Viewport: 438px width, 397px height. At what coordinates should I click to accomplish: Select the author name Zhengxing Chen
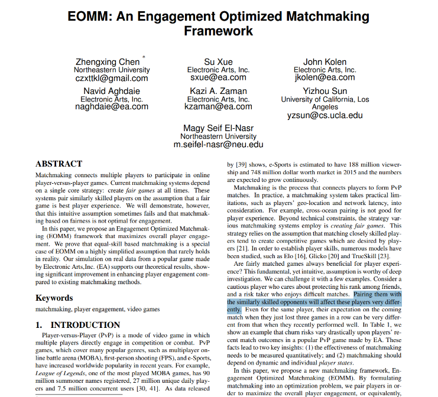pos(108,62)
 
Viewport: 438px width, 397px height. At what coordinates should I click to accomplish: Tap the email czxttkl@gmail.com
pos(112,78)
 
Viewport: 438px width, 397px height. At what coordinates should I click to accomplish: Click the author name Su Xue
pos(218,62)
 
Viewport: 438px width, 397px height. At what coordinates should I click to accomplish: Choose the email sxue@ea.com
pos(218,77)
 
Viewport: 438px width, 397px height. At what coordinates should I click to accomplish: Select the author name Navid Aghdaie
pos(112,92)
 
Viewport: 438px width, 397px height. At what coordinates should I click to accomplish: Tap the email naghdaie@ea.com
pos(112,107)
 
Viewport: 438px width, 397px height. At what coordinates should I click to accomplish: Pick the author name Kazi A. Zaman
pos(218,92)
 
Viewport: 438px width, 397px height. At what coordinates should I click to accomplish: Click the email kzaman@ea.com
pos(218,107)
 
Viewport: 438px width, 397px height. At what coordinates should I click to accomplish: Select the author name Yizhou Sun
pos(325,92)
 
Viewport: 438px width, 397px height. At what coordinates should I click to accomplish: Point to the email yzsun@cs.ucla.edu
pos(325,116)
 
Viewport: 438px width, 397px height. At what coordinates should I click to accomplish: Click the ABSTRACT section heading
pos(59,164)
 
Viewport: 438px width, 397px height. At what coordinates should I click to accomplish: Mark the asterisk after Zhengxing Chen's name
pos(144,57)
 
